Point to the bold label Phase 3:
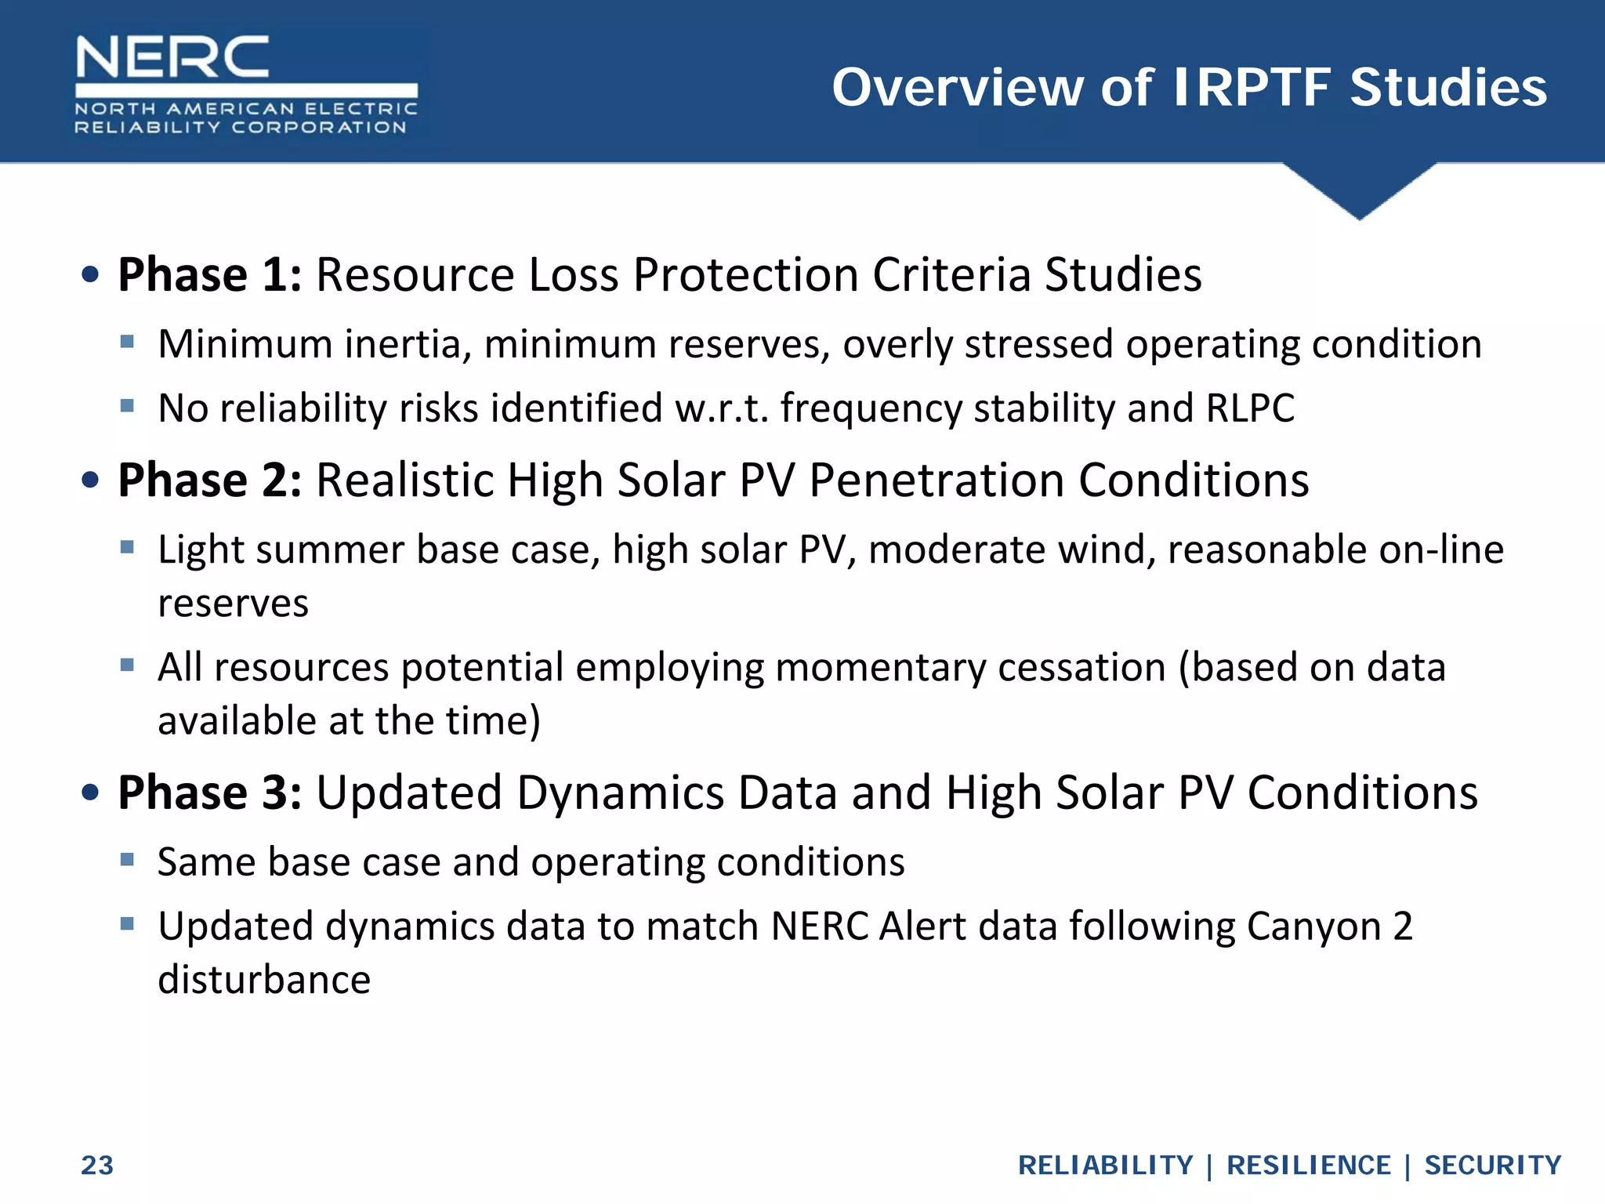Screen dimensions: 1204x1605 tap(209, 792)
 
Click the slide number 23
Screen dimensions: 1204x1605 tap(97, 1166)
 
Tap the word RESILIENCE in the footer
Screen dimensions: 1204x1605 tap(1308, 1166)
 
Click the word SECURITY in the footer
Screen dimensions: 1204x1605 tap(1492, 1166)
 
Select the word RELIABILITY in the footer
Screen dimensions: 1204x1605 tap(1105, 1166)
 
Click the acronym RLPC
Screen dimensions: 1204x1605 tap(1250, 408)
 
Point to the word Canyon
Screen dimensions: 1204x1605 tap(1313, 927)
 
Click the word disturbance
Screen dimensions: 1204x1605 tap(264, 980)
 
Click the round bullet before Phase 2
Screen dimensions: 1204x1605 tap(91, 480)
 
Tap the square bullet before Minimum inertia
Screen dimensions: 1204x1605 tap(128, 342)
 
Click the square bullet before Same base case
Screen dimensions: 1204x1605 tap(128, 860)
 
